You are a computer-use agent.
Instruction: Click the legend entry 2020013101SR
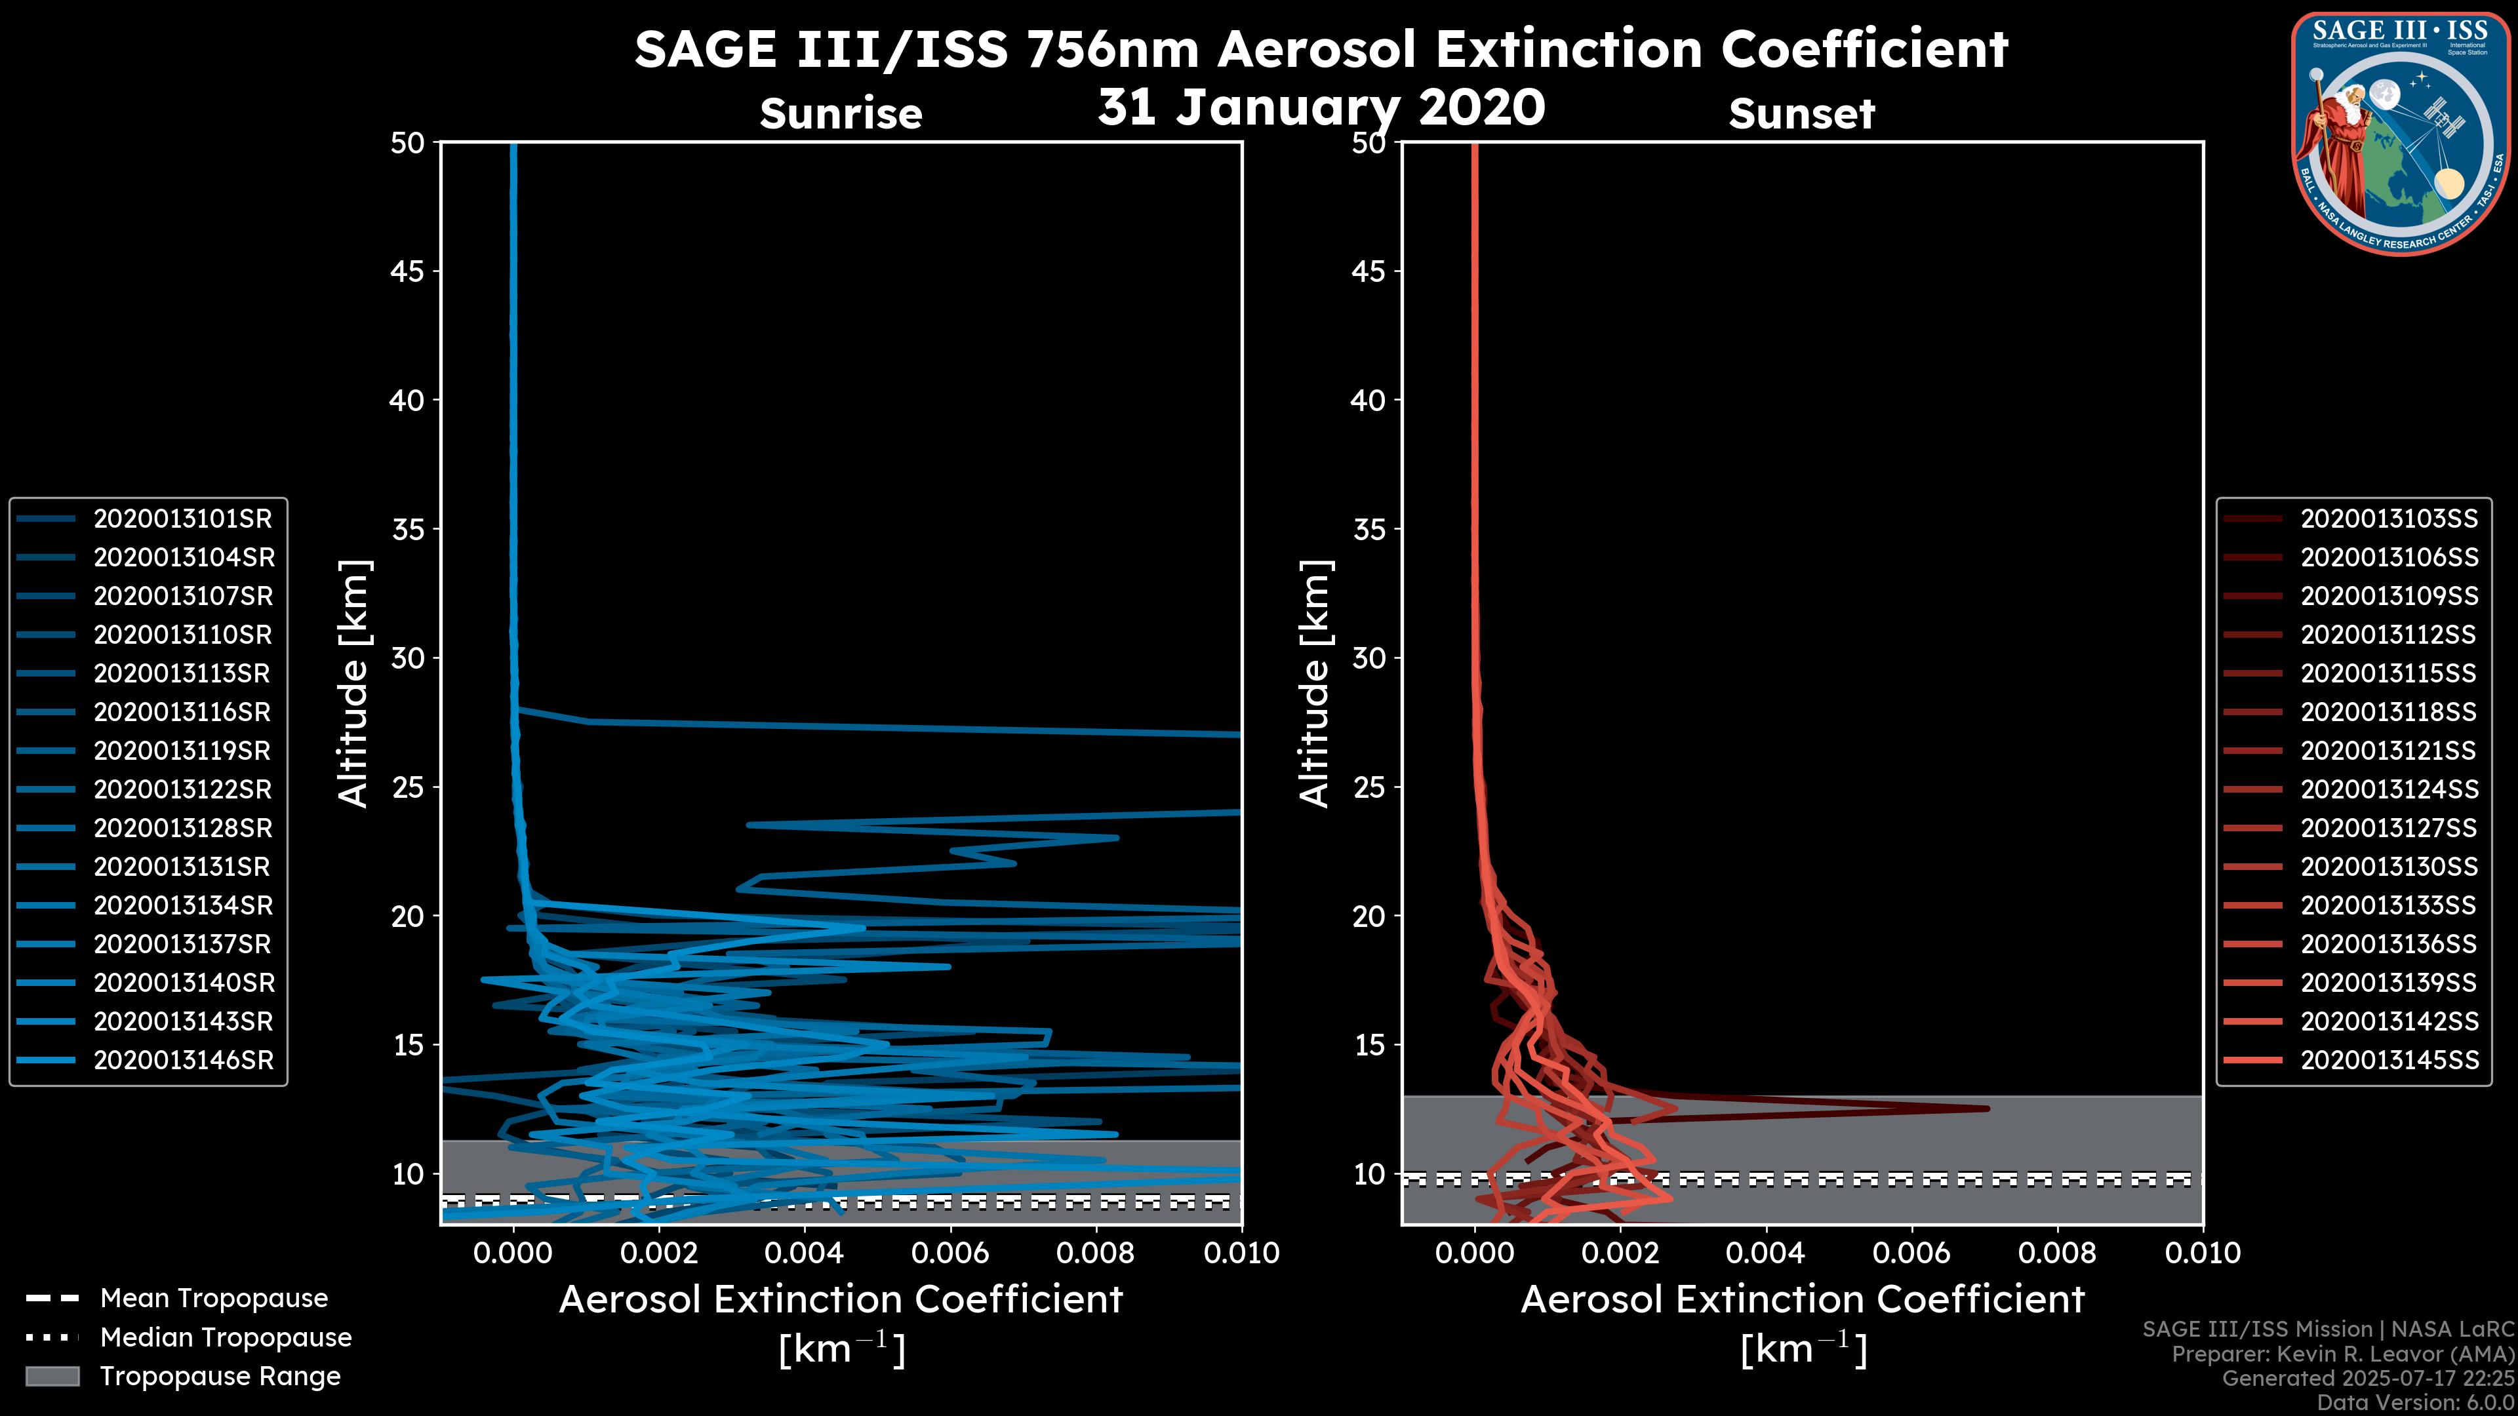[x=182, y=519]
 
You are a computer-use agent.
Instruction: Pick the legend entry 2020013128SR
[x=182, y=829]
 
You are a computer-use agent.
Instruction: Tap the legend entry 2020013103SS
[x=2389, y=519]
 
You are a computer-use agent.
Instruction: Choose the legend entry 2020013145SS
[x=2389, y=1060]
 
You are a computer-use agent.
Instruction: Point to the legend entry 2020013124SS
[x=2389, y=789]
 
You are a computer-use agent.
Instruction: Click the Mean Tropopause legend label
[x=214, y=1299]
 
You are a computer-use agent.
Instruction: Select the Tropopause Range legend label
[x=220, y=1376]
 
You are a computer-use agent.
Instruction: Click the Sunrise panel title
[x=841, y=113]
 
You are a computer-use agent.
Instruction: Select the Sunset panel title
[x=1801, y=113]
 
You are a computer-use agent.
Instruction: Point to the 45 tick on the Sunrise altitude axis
[x=407, y=271]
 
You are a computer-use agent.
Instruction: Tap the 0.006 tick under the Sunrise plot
[x=950, y=1253]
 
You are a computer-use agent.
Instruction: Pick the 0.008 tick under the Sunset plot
[x=2058, y=1253]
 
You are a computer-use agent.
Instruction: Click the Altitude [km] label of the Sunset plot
[x=1315, y=684]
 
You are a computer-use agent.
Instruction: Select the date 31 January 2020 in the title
[x=1321, y=108]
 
